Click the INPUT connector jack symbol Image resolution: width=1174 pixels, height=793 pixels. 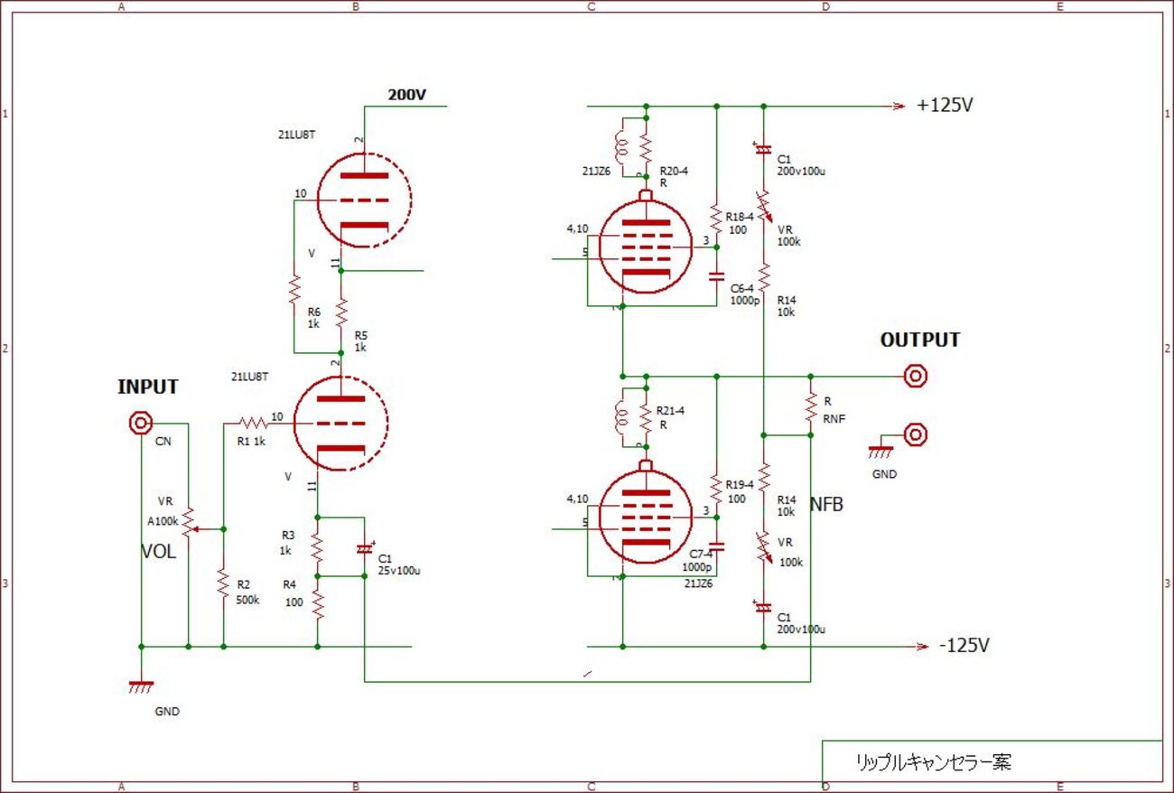click(x=141, y=423)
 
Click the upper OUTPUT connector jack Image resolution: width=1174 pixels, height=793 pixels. click(x=916, y=376)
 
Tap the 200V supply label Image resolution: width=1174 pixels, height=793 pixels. click(x=406, y=95)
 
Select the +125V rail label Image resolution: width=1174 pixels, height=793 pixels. click(x=945, y=105)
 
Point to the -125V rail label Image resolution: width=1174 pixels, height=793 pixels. click(x=964, y=646)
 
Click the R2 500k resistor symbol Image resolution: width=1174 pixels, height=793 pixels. click(x=223, y=584)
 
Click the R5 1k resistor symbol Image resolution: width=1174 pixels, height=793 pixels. click(x=341, y=313)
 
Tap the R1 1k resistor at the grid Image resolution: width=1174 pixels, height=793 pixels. click(x=253, y=422)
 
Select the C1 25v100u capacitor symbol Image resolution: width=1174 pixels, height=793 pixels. click(x=364, y=548)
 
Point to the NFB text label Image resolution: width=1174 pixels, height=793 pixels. click(x=826, y=505)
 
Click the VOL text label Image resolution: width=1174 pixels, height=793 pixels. click(x=158, y=552)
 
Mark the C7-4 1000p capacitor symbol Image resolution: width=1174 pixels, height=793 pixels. click(x=716, y=545)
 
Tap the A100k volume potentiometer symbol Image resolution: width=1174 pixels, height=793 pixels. click(x=188, y=522)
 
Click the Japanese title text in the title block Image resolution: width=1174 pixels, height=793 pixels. click(x=933, y=762)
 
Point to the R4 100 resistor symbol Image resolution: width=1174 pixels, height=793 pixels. click(x=317, y=602)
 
